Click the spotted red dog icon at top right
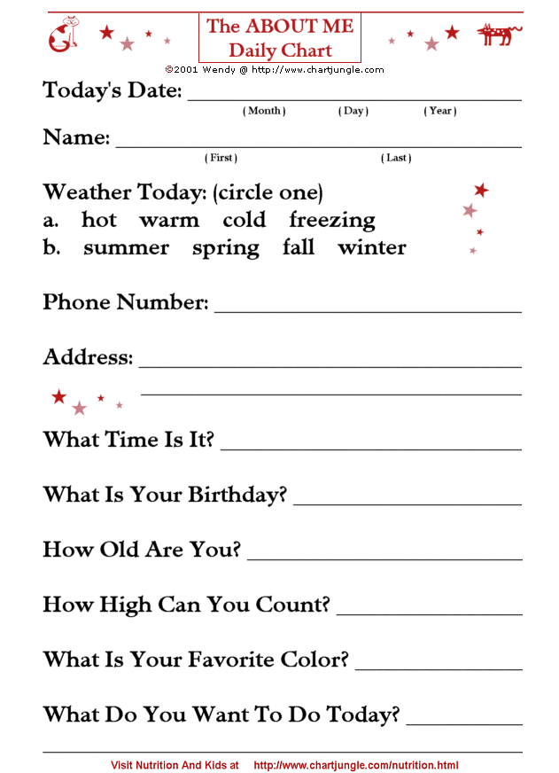point(499,35)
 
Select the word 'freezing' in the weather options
point(332,220)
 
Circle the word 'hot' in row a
point(99,220)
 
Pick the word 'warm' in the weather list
point(169,220)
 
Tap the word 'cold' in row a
point(245,220)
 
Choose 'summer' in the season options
point(126,248)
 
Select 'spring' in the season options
point(226,248)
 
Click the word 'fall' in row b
point(299,247)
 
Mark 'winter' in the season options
point(372,248)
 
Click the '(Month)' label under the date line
point(264,111)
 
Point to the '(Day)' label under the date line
point(353,111)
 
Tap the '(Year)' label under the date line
point(440,111)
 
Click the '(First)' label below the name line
point(221,158)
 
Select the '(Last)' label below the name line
point(396,158)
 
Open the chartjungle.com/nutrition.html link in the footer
point(356,764)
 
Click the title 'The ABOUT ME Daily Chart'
point(280,38)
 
